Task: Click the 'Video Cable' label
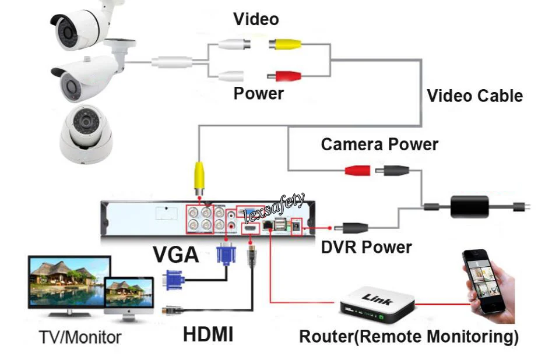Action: [475, 96]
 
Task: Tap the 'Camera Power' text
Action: [379, 144]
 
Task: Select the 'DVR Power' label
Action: [367, 248]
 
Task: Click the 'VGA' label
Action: [176, 255]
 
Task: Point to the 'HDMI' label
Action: [208, 334]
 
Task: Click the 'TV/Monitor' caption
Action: [80, 337]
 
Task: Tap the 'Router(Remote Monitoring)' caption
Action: [409, 337]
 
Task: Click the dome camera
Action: [86, 134]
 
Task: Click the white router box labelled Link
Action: [378, 303]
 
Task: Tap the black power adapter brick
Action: [470, 207]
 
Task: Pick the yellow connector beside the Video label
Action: [285, 44]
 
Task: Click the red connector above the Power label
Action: [284, 76]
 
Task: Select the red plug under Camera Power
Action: [358, 170]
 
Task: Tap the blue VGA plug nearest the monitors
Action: [174, 280]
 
